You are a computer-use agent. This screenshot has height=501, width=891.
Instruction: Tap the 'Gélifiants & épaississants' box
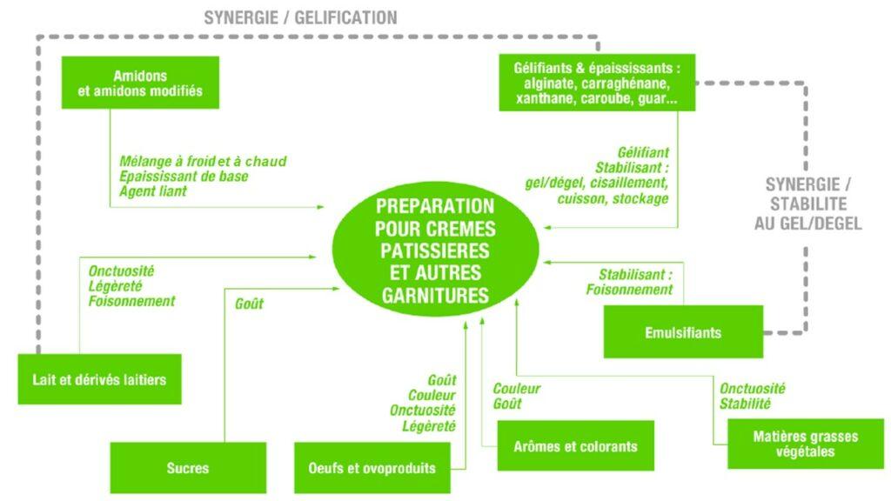click(x=597, y=83)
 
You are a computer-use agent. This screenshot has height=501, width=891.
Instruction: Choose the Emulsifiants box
click(x=683, y=332)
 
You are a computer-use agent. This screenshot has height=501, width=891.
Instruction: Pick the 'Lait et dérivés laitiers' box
click(x=99, y=379)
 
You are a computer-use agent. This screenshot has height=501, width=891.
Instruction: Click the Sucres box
click(x=187, y=468)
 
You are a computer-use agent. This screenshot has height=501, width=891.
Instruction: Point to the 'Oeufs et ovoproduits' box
click(x=372, y=468)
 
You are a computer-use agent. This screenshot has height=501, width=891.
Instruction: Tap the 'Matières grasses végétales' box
click(x=794, y=444)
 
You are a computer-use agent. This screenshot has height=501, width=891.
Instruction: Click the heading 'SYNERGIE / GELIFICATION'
click(x=300, y=17)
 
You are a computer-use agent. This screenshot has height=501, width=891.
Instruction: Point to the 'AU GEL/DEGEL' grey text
click(x=807, y=224)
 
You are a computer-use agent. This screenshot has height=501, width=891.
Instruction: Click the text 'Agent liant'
click(x=153, y=191)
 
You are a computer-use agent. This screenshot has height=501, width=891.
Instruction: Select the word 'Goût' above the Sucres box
click(x=249, y=304)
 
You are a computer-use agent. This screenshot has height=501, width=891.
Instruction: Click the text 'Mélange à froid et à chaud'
click(x=203, y=162)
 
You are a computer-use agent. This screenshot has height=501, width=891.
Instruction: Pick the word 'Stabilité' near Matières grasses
click(x=745, y=404)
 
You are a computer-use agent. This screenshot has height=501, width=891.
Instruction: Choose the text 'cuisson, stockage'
click(x=613, y=198)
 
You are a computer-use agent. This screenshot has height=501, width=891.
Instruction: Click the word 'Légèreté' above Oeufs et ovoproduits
click(x=426, y=426)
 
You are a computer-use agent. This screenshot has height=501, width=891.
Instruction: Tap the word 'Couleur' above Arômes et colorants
click(x=517, y=389)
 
